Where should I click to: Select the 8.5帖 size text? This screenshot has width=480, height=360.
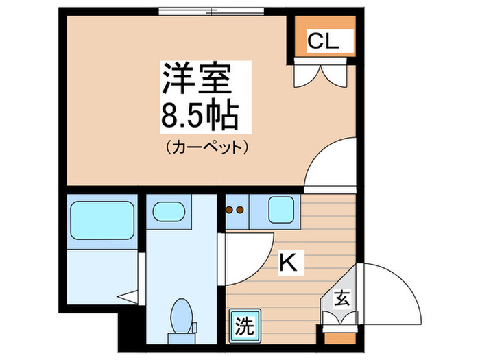[x=199, y=116]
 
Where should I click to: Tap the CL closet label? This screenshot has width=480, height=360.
[x=322, y=42]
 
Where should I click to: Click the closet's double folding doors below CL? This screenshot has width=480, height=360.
[x=322, y=73]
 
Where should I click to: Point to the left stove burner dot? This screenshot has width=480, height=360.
[x=230, y=211]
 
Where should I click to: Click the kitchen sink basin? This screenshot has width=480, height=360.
[x=280, y=209]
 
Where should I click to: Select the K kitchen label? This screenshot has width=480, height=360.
[x=288, y=263]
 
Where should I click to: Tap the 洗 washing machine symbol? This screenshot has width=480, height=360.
[x=243, y=322]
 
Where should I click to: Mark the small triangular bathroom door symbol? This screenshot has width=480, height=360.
[x=128, y=298]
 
